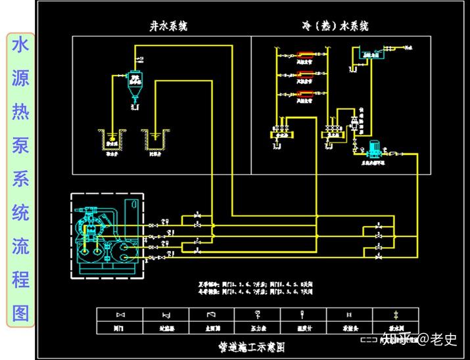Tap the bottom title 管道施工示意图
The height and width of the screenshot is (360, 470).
pyautogui.click(x=254, y=346)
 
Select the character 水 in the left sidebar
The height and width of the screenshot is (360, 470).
pyautogui.click(x=20, y=45)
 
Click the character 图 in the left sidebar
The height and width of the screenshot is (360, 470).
pyautogui.click(x=20, y=313)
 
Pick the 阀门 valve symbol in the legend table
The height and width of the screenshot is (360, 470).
pyautogui.click(x=120, y=315)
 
